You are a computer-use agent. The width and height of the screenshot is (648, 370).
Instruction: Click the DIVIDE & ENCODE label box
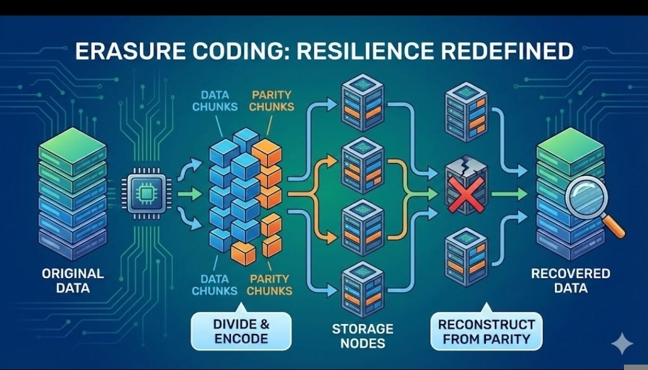coord(241,331)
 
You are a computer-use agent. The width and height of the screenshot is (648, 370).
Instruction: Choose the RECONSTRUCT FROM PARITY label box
coord(486,332)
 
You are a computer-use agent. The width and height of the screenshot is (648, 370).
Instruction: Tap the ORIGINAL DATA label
coord(73,280)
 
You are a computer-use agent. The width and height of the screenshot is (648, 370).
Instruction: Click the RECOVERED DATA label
coord(571,280)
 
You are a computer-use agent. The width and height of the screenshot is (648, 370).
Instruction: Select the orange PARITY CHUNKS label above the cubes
coord(272,100)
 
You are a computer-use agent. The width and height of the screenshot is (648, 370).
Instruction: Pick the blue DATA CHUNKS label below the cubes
coord(215,284)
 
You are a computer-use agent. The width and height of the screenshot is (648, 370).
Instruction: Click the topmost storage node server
coord(362,99)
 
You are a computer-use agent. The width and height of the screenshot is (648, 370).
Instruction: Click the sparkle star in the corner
coord(622,344)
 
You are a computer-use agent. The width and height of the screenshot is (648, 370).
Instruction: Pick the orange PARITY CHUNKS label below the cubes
coord(269,284)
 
